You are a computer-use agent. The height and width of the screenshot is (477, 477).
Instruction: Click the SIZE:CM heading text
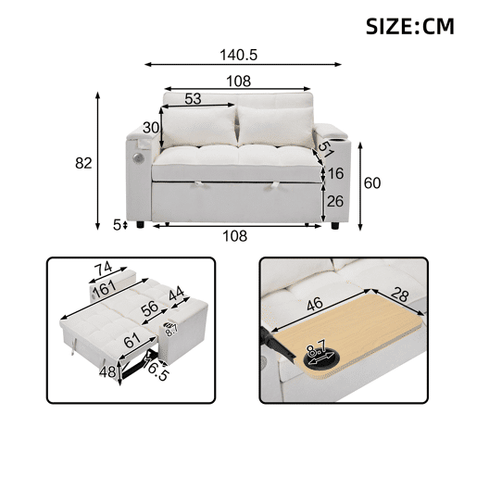point(409,27)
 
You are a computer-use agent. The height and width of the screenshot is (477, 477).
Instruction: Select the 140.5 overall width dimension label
point(238,56)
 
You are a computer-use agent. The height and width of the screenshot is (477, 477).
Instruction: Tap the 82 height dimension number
point(83,163)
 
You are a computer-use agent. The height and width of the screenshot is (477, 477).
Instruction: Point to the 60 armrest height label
point(372,183)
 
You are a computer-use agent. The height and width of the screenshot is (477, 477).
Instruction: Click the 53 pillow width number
point(193,99)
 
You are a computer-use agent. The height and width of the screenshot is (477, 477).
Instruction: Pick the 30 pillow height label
point(151,128)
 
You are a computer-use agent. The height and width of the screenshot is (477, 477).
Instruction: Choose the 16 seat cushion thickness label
point(335,173)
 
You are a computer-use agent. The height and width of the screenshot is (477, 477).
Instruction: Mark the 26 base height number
point(335,201)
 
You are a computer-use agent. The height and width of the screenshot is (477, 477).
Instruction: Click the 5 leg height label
point(117,225)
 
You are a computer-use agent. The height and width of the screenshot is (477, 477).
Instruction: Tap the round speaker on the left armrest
point(137,157)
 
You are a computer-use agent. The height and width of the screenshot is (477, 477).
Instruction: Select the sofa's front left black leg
point(140,224)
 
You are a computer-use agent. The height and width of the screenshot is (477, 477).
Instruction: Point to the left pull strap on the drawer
point(198,184)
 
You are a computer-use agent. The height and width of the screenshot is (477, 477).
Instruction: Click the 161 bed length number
point(105,289)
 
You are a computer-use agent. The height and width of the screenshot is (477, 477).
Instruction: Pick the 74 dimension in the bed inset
point(104,269)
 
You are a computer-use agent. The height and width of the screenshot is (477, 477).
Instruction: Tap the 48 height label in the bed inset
point(107,372)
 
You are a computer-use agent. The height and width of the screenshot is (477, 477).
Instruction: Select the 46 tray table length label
point(315,305)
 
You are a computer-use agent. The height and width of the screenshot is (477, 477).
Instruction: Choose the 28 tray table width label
point(400,295)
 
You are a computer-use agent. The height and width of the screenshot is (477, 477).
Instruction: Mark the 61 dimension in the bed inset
point(132,342)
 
